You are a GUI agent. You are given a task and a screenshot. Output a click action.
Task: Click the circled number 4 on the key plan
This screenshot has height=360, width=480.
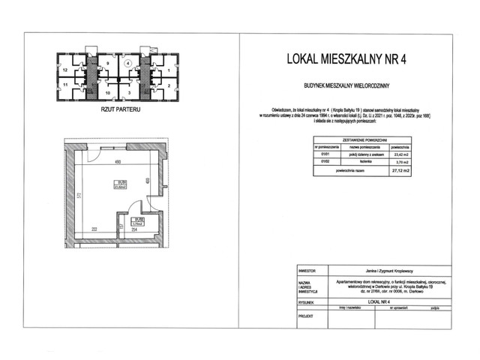(x=128, y=64)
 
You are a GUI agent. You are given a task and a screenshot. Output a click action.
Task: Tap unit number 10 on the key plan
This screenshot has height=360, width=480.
(x=108, y=93)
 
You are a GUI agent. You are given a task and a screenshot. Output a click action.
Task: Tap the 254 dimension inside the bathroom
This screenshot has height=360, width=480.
(x=133, y=229)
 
